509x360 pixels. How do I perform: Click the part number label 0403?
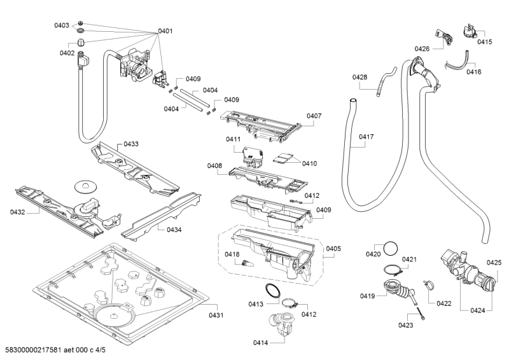(x=61, y=25)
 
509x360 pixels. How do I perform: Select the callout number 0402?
(x=67, y=53)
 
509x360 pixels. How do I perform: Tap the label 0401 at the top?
(x=165, y=31)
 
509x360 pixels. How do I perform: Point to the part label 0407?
(x=314, y=116)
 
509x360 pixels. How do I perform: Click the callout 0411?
(x=232, y=139)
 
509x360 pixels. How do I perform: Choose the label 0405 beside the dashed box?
(x=333, y=249)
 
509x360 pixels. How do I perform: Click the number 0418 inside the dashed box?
(x=232, y=254)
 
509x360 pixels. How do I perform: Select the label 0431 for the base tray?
(x=216, y=315)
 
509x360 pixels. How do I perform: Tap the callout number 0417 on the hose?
(x=366, y=137)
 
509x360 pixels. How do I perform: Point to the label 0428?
(x=360, y=77)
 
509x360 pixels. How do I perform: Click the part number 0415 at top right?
(x=485, y=42)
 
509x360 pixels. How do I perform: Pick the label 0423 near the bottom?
(x=405, y=325)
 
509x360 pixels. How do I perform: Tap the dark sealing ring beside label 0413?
(x=273, y=292)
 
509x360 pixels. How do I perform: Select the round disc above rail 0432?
(x=84, y=186)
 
